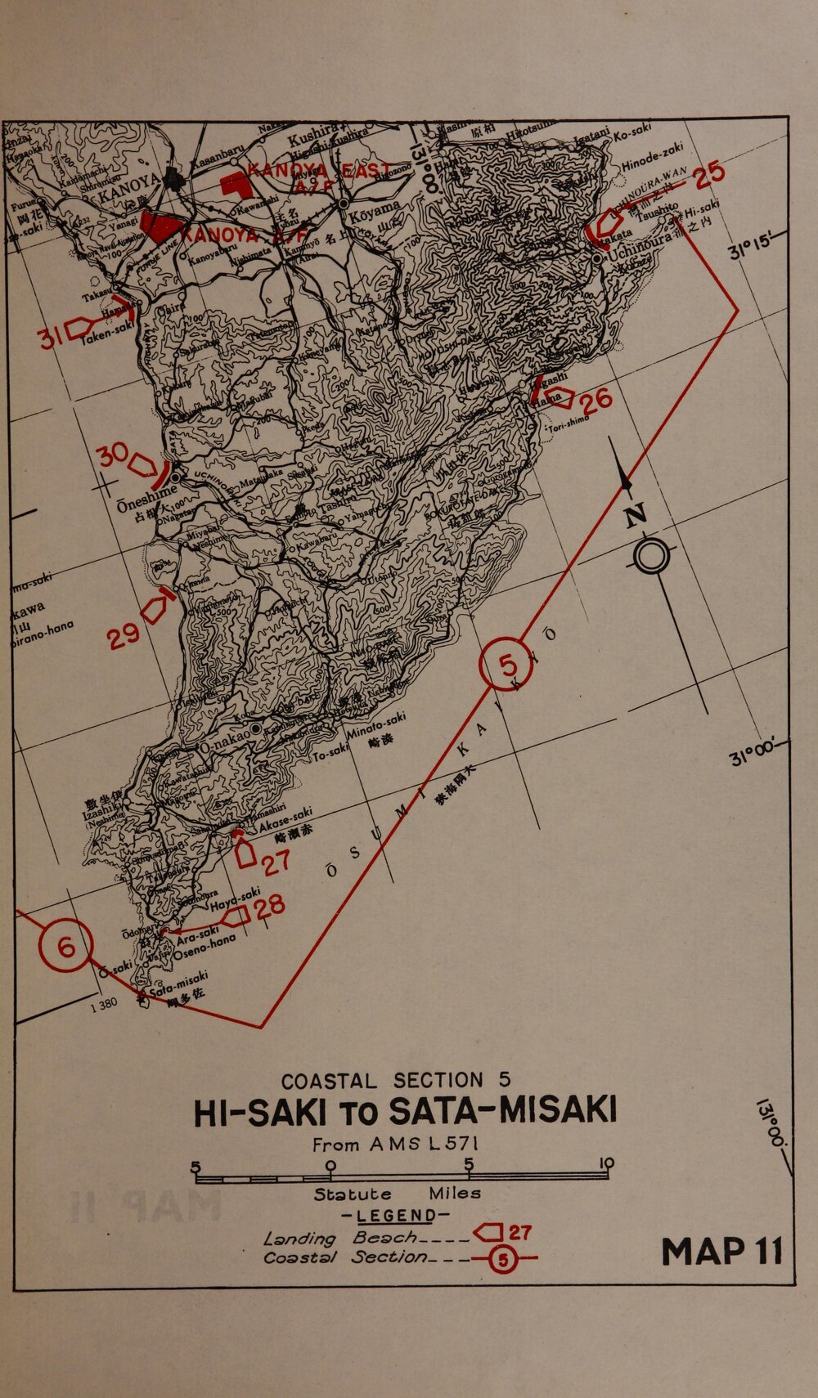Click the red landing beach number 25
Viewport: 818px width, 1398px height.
pyautogui.click(x=709, y=173)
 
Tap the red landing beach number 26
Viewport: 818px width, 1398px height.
pyautogui.click(x=595, y=401)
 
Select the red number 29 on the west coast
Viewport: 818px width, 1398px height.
pyautogui.click(x=124, y=636)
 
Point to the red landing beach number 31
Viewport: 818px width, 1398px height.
pyautogui.click(x=50, y=336)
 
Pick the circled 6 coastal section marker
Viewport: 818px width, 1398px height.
pyautogui.click(x=65, y=946)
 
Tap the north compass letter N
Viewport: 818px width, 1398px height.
pyautogui.click(x=636, y=515)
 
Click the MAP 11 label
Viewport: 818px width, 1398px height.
pyautogui.click(x=721, y=1252)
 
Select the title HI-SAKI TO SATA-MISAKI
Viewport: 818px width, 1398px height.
pyautogui.click(x=404, y=1112)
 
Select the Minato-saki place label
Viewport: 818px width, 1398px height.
pyautogui.click(x=375, y=725)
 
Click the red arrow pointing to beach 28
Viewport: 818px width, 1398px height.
pyautogui.click(x=236, y=917)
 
